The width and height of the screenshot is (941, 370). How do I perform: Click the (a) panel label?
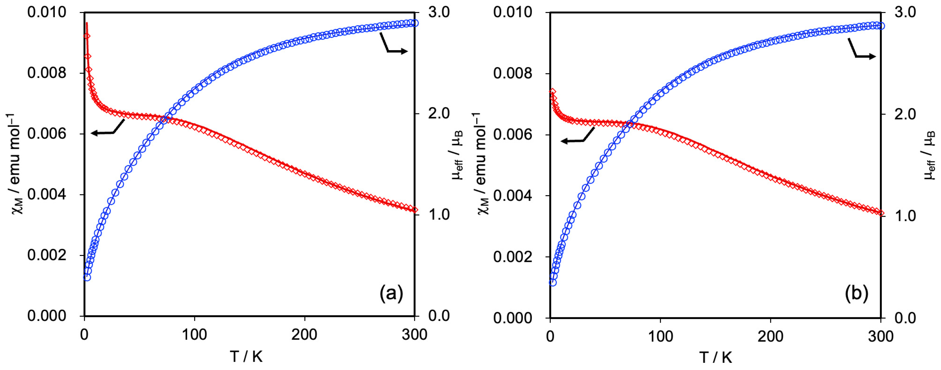pos(391,293)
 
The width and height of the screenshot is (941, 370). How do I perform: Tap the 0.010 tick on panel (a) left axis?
pos(47,12)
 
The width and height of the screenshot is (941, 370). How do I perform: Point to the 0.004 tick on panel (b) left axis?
pos(513,195)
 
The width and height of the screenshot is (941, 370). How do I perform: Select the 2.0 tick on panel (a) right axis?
pos(439,113)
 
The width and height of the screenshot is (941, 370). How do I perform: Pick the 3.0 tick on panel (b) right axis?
pos(905,12)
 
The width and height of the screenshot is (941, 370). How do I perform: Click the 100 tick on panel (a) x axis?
pos(194,334)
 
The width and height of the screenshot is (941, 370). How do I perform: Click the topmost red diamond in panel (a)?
pos(87,36)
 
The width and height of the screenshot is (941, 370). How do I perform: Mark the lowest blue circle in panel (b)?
pos(553,282)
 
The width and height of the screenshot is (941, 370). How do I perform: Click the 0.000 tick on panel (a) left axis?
pos(47,316)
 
